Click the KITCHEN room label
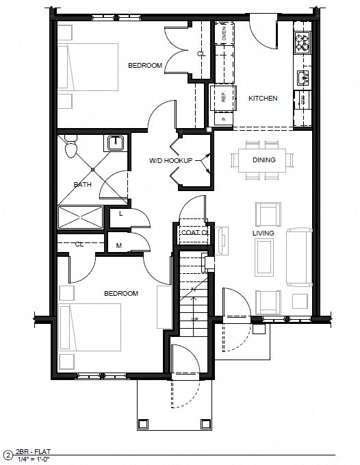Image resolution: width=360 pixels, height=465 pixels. [263, 99]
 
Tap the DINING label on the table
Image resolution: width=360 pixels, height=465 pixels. [263, 160]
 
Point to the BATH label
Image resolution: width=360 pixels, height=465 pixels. [82, 184]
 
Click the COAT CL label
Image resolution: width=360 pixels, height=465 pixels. [195, 233]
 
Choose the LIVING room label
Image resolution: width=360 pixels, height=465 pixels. [263, 234]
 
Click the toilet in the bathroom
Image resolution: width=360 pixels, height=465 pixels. [69, 148]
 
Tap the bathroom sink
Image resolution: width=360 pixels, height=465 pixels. [115, 143]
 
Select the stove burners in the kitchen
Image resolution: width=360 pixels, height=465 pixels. [302, 42]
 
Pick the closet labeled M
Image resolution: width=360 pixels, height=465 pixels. [119, 245]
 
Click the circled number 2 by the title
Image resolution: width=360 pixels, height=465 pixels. [8, 454]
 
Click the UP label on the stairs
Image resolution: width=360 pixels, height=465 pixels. [194, 319]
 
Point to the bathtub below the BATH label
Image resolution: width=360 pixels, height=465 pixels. [81, 217]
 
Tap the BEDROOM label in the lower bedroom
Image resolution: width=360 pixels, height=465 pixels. [121, 293]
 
